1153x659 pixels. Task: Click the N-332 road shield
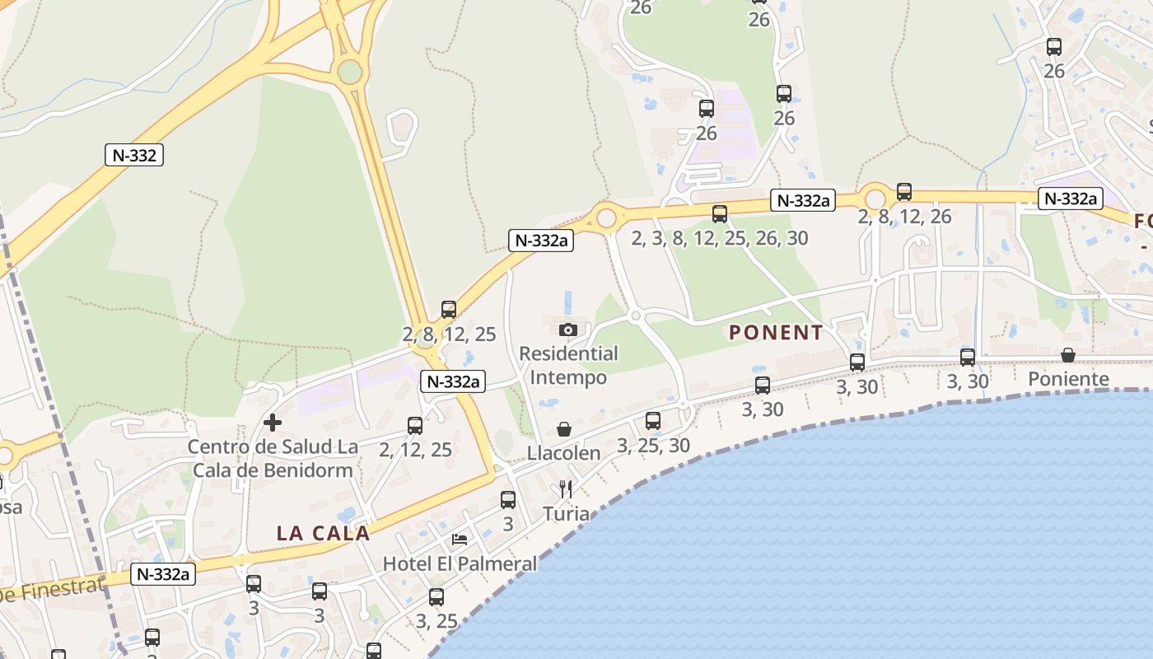coord(133,155)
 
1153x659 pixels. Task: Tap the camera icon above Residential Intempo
coord(567,329)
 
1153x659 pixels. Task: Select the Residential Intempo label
coord(568,366)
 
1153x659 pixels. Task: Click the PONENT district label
coord(776,333)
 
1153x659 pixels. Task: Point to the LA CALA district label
coord(323,533)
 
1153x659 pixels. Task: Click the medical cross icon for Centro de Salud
coord(273,423)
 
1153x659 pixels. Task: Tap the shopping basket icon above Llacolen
coord(564,429)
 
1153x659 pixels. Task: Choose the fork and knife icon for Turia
coord(565,489)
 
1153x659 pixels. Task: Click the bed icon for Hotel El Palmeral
coord(460,540)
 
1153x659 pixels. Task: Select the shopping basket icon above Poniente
coord(1068,355)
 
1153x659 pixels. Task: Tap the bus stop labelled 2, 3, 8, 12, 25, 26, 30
coord(720,214)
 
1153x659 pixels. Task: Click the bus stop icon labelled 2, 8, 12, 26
coord(904,192)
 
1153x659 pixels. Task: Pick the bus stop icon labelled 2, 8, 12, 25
coord(449,310)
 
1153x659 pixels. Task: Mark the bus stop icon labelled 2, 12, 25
coord(415,425)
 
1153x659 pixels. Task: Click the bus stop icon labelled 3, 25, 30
coord(653,421)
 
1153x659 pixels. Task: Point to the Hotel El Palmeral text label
coord(460,564)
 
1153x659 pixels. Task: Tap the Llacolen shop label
coord(564,453)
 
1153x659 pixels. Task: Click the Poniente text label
coord(1068,379)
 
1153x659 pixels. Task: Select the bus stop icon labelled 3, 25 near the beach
coord(436,597)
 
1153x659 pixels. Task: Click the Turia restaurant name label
coord(566,514)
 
